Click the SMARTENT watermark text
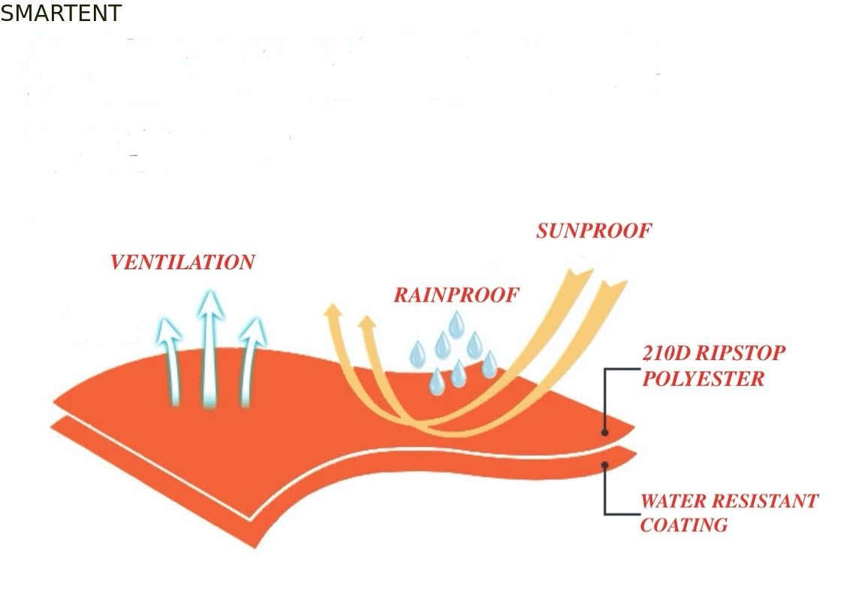[x=61, y=13]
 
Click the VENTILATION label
[x=182, y=262]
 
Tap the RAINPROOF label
[x=457, y=294]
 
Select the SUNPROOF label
[x=594, y=231]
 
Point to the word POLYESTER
[x=703, y=379]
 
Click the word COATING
[x=684, y=525]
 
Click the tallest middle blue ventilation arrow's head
[x=210, y=306]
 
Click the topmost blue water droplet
[x=457, y=325]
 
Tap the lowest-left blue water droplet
[x=437, y=382]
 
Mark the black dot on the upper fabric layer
[x=604, y=432]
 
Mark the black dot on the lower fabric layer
[x=604, y=465]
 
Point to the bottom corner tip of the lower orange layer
[x=256, y=548]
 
